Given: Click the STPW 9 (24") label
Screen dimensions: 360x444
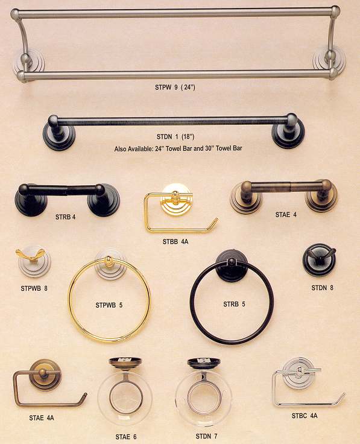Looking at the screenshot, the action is click(175, 87).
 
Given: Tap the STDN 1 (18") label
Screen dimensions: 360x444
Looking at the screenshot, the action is click(175, 137).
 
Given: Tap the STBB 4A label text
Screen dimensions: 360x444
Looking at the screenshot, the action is click(175, 241).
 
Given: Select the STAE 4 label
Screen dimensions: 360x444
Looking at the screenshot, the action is click(286, 215).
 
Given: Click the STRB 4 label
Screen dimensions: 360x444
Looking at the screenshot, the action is click(65, 217).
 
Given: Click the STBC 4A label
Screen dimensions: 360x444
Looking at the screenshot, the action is click(305, 416).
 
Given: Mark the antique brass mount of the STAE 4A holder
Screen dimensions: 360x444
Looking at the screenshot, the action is click(44, 375).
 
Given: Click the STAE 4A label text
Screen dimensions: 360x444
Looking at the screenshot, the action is click(42, 417).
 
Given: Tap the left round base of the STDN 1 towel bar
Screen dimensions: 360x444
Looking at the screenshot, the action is click(58, 135).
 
